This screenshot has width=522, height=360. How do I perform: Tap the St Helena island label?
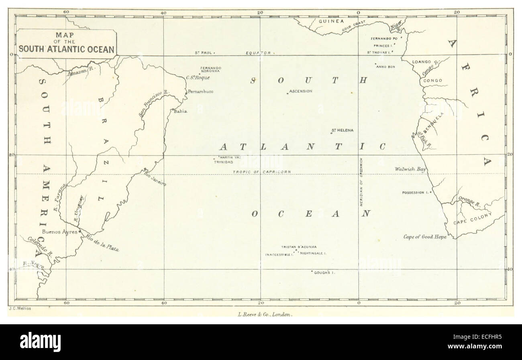[x=343, y=130]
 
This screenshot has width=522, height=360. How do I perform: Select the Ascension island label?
[x=301, y=91]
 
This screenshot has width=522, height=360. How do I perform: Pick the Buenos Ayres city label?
[x=60, y=232]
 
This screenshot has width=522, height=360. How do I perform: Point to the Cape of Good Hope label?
[x=425, y=237]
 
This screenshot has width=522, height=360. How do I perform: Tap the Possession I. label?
[x=415, y=193]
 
